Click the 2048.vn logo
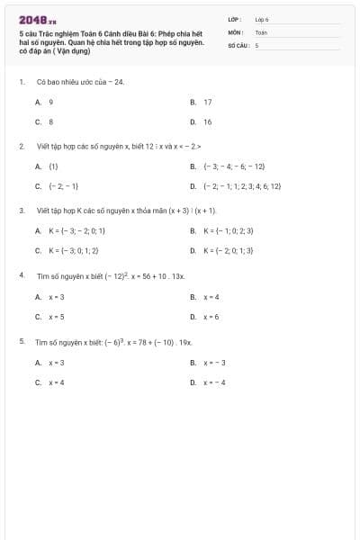[x=37, y=19]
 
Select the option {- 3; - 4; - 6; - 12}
[x=234, y=166]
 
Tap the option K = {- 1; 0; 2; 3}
[x=229, y=231]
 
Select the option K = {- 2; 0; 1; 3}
[x=229, y=251]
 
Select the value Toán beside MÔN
[x=261, y=31]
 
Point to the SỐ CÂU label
[x=237, y=44]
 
